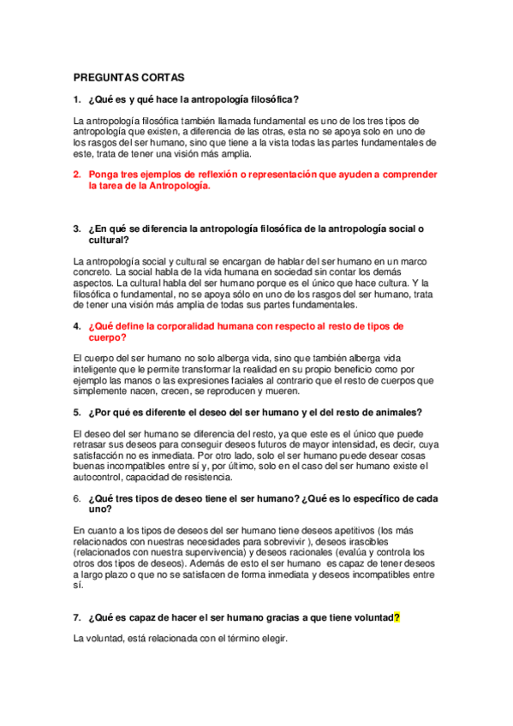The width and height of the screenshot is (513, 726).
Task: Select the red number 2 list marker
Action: coord(77,174)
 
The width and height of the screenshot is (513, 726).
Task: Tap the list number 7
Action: coord(77,616)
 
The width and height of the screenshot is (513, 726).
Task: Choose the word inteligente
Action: coord(99,368)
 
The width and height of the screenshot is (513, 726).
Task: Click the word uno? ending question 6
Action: coord(100,509)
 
